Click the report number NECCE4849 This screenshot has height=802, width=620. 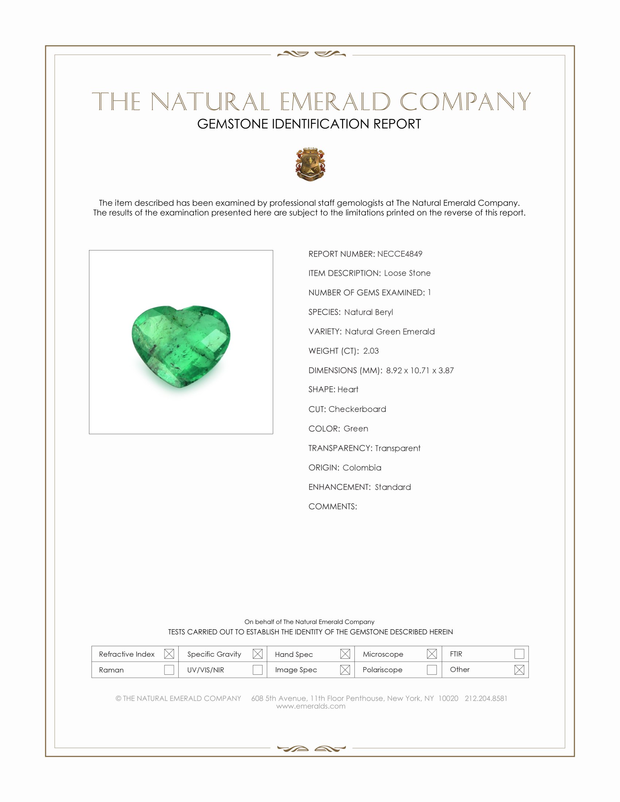click(400, 254)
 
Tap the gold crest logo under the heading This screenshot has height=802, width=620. click(310, 164)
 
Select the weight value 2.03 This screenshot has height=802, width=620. click(371, 351)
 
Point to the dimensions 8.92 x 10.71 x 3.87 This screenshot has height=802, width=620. click(419, 370)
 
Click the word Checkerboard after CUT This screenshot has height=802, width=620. click(357, 409)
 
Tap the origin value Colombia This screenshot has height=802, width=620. click(362, 467)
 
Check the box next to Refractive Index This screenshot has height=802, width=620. click(169, 654)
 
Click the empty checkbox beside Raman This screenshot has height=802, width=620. click(169, 670)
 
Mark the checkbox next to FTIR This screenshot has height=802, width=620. click(519, 654)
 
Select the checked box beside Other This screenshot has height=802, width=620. click(519, 670)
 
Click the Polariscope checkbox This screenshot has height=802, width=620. click(432, 670)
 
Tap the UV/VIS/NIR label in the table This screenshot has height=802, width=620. click(206, 670)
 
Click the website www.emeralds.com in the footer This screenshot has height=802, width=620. click(311, 706)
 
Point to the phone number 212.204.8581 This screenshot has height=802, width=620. click(486, 698)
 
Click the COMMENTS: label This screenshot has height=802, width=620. click(332, 506)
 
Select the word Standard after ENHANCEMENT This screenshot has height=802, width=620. click(393, 487)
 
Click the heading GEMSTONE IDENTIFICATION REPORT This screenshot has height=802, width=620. click(309, 124)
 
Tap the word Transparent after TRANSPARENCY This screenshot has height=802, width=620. click(398, 448)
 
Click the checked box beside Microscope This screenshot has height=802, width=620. click(432, 654)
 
